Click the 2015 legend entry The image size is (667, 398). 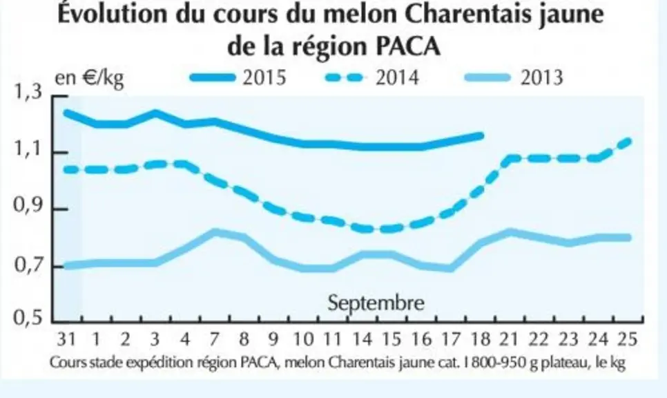tap(238, 77)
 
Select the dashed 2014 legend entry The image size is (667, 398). tap(372, 77)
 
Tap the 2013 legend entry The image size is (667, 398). tap(514, 77)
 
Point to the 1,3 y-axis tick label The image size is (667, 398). tap(28, 91)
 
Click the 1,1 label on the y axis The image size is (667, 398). tap(28, 149)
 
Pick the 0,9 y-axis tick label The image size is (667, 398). tap(28, 207)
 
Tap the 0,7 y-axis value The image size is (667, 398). tap(28, 265)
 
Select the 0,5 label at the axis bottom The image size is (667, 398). tap(28, 318)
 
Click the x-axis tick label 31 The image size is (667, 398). tap(66, 339)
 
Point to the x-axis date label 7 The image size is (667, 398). tap(214, 339)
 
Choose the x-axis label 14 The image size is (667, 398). tap(362, 339)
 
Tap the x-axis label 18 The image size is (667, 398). tap(481, 339)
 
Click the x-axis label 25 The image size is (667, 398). tap(628, 339)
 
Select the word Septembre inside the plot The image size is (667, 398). tap(376, 303)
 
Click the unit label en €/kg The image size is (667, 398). tap(89, 78)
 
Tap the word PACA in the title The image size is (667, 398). tap(408, 46)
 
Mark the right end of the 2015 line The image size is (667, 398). tap(482, 136)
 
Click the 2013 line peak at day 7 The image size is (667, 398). tap(215, 232)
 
